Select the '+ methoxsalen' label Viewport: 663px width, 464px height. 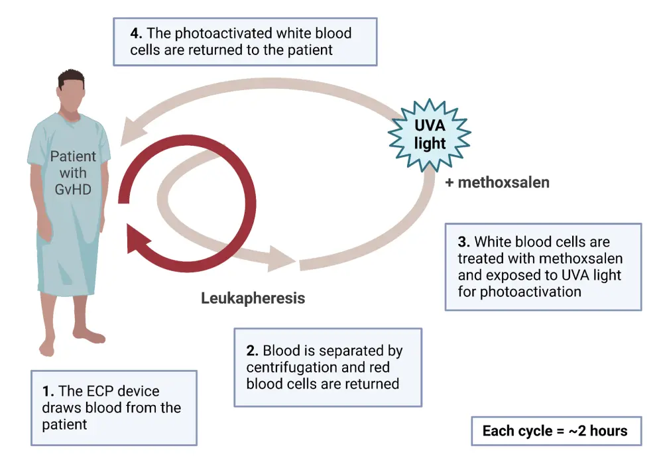pyautogui.click(x=497, y=182)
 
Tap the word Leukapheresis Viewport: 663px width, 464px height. pyautogui.click(x=253, y=298)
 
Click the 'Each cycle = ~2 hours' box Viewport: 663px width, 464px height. pyautogui.click(x=555, y=431)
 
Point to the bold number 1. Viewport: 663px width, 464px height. pyautogui.click(x=48, y=391)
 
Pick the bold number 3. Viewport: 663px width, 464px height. pyautogui.click(x=463, y=241)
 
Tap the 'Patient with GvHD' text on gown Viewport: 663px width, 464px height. pyautogui.click(x=73, y=173)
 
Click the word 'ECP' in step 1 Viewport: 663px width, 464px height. pyautogui.click(x=98, y=391)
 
